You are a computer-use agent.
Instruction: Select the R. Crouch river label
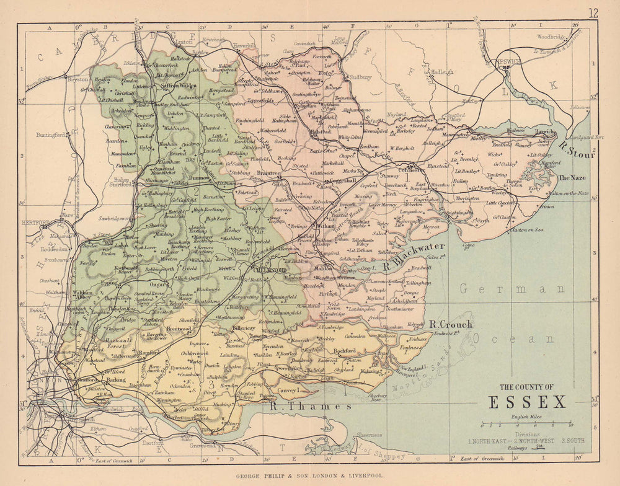point(451,324)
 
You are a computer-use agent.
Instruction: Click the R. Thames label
point(311,407)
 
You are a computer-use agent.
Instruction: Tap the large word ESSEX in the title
point(528,402)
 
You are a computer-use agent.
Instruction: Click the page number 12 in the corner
point(593,13)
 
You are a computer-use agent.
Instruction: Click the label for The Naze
point(572,177)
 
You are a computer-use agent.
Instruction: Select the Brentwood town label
point(179,329)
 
